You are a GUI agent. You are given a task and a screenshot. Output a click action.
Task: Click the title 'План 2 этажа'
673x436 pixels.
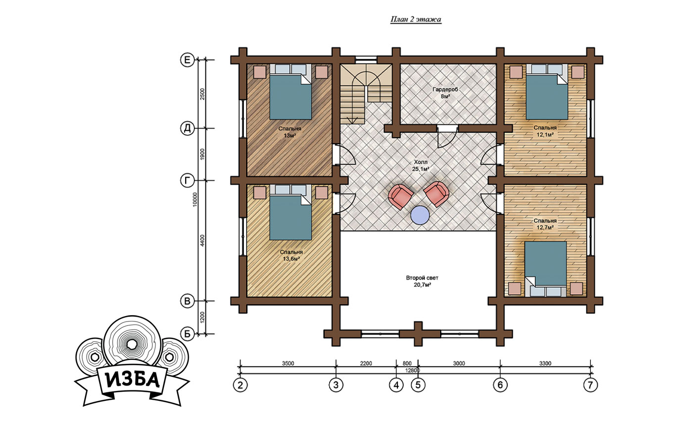click(x=416, y=19)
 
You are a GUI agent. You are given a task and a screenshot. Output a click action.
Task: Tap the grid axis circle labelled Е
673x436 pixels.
click(x=187, y=60)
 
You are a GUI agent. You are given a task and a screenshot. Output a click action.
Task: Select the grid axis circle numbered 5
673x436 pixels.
click(x=418, y=385)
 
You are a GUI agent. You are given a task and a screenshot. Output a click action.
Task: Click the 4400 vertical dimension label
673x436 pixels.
click(x=202, y=241)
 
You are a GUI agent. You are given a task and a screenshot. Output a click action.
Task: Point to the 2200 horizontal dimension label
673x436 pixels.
click(x=366, y=363)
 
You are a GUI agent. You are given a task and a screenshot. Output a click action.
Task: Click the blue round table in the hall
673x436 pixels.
click(x=420, y=215)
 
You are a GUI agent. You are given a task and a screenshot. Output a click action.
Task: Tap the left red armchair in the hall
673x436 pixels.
click(x=400, y=197)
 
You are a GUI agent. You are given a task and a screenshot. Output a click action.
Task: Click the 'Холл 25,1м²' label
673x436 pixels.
click(x=421, y=165)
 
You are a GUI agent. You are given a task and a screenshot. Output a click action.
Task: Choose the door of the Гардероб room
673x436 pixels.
click(x=447, y=136)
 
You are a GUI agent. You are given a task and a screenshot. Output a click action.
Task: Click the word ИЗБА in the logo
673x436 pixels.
click(x=133, y=380)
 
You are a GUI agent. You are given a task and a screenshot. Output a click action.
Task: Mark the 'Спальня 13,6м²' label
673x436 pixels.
click(x=291, y=255)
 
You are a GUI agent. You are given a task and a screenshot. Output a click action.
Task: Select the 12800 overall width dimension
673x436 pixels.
click(x=413, y=371)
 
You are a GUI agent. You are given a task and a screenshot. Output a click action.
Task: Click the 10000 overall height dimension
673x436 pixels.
click(x=195, y=199)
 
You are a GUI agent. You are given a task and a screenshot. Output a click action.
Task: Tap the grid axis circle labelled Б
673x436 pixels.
click(x=187, y=334)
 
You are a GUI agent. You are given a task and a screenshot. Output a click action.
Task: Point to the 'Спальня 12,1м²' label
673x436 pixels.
click(x=545, y=131)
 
